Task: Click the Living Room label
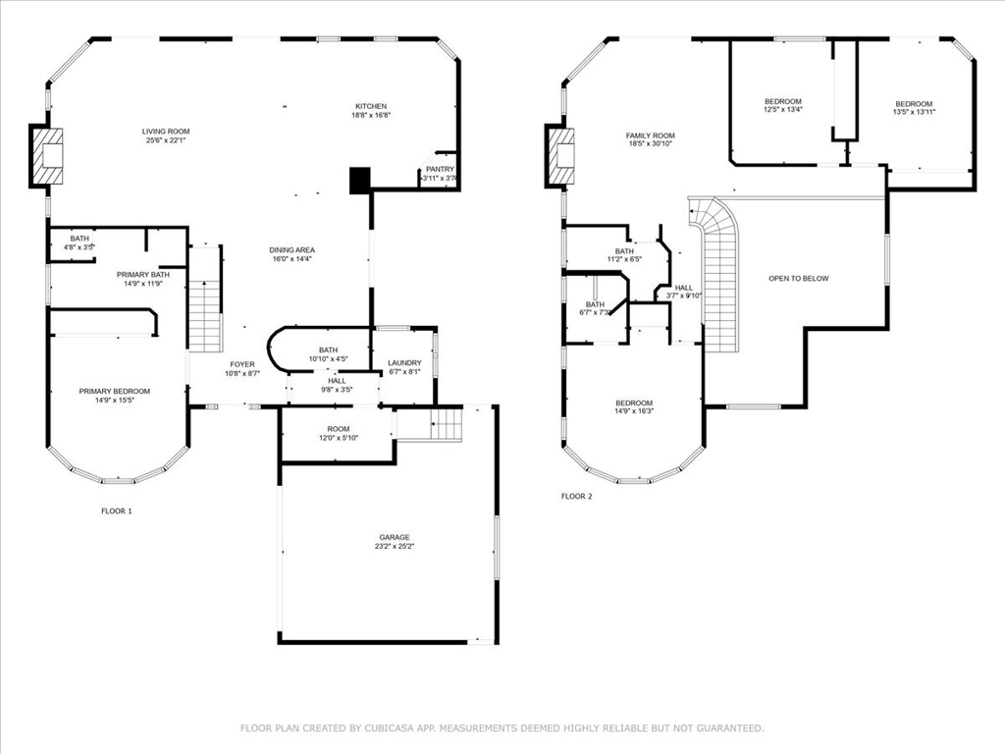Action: [x=166, y=131]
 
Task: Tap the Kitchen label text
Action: [x=371, y=106]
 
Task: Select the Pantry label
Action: [x=440, y=169]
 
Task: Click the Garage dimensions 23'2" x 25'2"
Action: [x=396, y=546]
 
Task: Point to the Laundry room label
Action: [x=404, y=363]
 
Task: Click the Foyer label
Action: [x=242, y=364]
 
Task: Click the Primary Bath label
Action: [x=143, y=274]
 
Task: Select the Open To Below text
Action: [x=798, y=278]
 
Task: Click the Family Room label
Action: [x=651, y=135]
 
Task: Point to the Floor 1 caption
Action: [x=116, y=511]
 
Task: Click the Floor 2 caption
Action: [x=576, y=497]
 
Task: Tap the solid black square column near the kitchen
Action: [x=360, y=179]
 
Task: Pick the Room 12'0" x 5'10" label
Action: [x=339, y=429]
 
